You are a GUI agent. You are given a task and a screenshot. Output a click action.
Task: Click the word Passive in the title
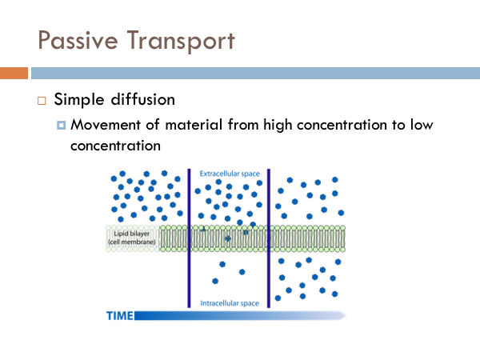(78, 41)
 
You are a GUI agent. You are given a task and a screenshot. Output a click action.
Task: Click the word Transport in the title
(181, 41)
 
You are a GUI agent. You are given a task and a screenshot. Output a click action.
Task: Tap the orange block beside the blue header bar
(14, 73)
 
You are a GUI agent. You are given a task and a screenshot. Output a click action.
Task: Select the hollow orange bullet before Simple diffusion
(42, 101)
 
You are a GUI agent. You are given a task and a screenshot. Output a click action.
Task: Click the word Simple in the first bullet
(79, 100)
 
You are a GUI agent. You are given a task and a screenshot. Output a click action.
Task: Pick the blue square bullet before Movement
(62, 126)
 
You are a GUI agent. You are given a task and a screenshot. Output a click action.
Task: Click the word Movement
(106, 125)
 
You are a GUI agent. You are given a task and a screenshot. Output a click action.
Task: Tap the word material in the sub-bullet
(194, 125)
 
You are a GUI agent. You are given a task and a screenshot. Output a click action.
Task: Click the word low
(422, 125)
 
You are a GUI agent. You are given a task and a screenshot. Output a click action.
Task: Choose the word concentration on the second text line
(115, 146)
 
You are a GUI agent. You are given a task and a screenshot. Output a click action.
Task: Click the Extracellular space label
(230, 174)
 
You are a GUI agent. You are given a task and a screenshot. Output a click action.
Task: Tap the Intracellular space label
(230, 303)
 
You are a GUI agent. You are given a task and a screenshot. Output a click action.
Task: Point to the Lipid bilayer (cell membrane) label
(132, 238)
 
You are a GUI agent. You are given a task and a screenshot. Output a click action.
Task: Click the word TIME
(120, 316)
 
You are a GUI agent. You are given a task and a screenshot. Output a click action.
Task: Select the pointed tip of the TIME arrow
(346, 316)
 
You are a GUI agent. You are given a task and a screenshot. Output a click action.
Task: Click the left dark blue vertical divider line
(189, 238)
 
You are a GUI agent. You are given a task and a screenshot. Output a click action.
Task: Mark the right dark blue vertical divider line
(269, 238)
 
